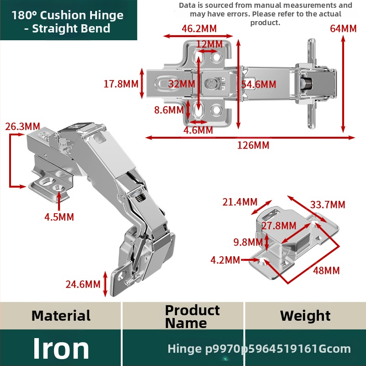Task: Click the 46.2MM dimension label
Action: coord(199,29)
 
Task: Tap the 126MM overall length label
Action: coord(253,145)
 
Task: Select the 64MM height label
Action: coord(343,29)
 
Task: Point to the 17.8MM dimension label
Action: coord(121,84)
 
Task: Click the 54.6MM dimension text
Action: coord(258,84)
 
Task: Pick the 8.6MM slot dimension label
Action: coord(169,110)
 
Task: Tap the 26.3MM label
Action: coord(22,127)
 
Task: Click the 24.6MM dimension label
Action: coord(83,284)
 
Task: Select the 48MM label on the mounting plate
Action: coord(326,270)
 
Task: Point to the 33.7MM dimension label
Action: coord(328,205)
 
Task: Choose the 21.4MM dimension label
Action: coord(240,202)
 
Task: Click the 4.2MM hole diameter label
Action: coord(225,260)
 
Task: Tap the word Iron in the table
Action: coord(61,348)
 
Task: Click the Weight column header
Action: coord(305,316)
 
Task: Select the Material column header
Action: coord(61,316)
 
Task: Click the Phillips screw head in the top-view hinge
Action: coord(211,83)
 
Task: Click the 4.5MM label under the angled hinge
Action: coord(59,217)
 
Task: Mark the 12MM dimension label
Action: coord(210,44)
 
